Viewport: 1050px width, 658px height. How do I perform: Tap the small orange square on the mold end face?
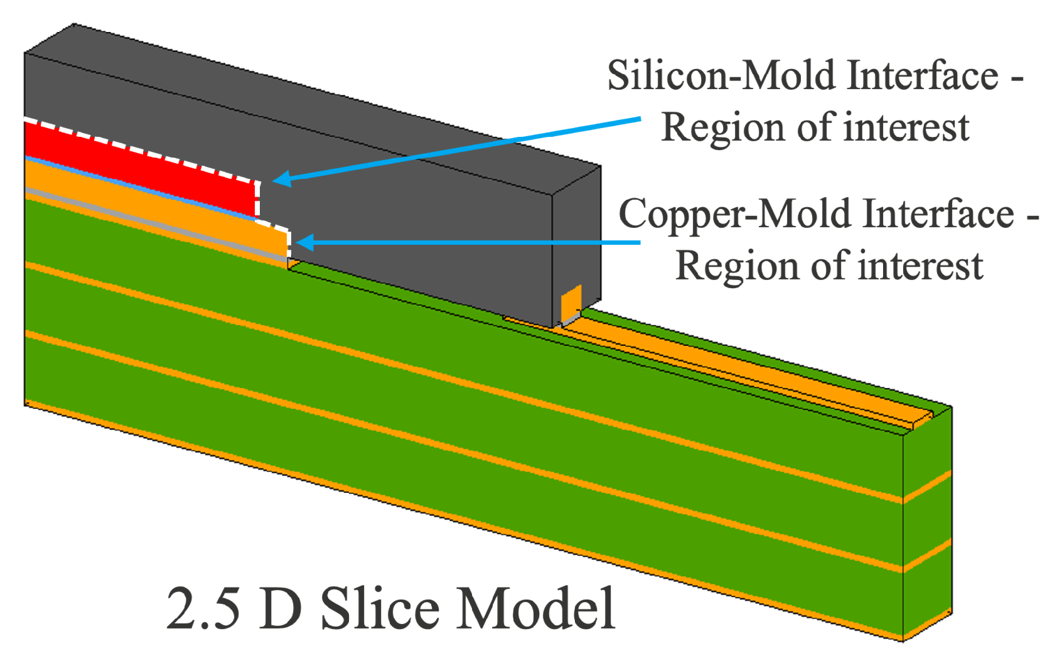571,303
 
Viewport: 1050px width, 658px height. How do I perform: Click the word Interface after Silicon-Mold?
922,76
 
